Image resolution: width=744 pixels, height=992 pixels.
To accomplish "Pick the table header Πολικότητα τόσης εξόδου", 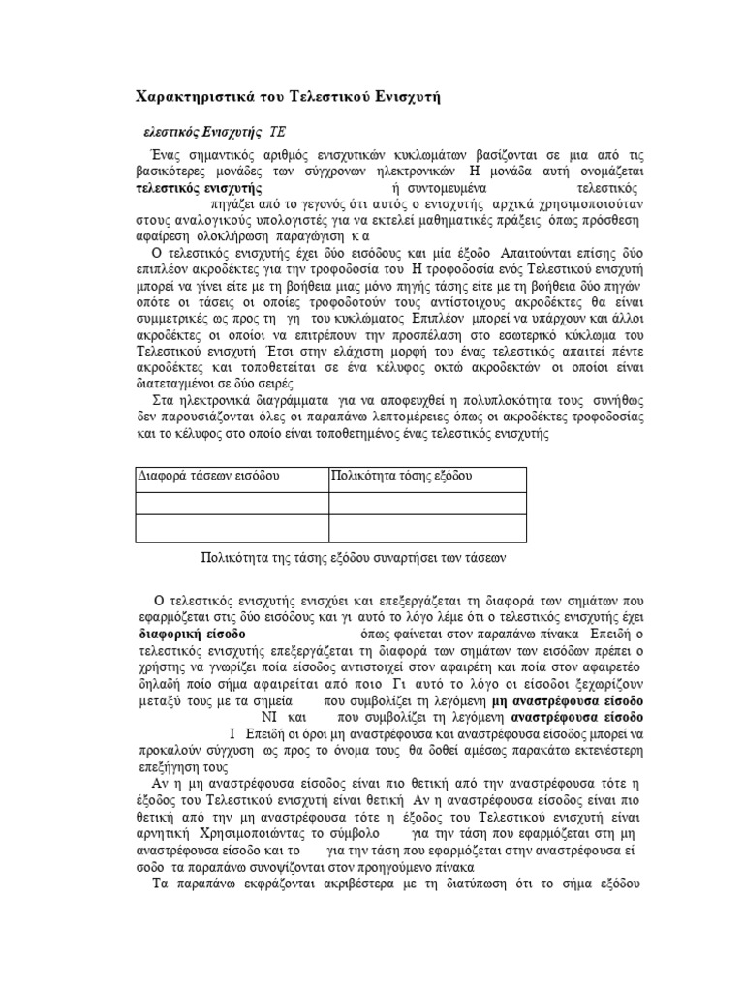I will tap(401, 477).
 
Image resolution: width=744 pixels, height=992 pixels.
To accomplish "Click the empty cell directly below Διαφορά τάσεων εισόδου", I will tap(231, 503).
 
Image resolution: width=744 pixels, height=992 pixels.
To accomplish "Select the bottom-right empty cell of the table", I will tap(427, 528).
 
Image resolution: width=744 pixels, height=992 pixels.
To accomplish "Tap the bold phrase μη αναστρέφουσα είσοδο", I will tap(567, 699).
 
